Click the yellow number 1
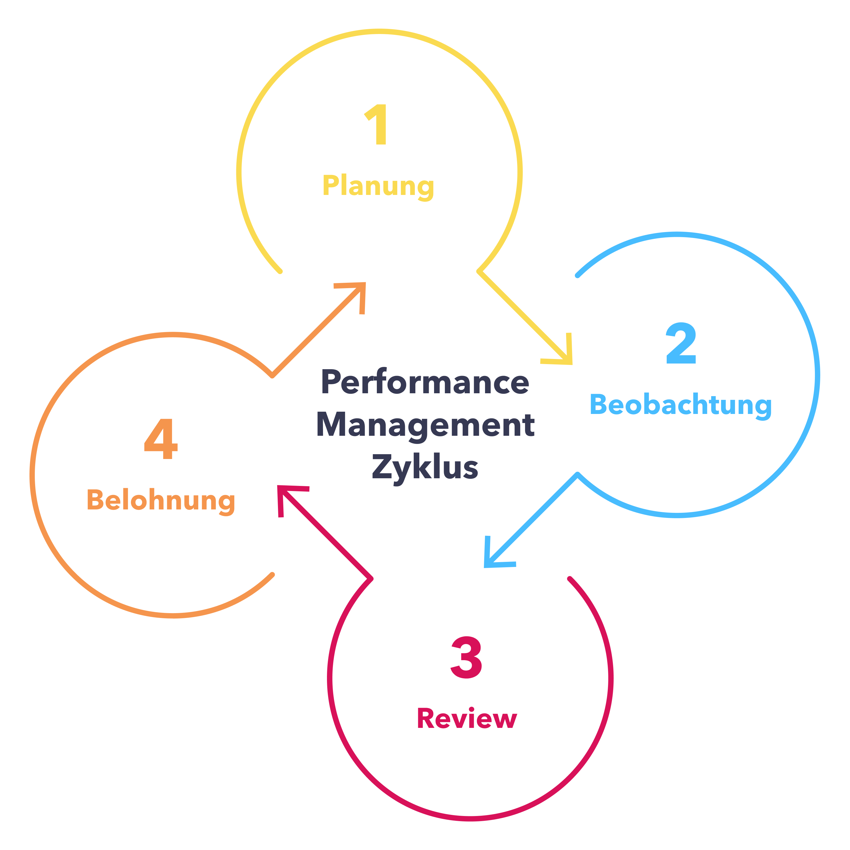pyautogui.click(x=377, y=124)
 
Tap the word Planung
pyautogui.click(x=378, y=186)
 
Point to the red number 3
pyautogui.click(x=466, y=658)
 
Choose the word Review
pyautogui.click(x=467, y=719)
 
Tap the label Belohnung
pyautogui.click(x=161, y=500)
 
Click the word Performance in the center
pyautogui.click(x=425, y=382)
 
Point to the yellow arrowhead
pyautogui.click(x=563, y=356)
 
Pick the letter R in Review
pyautogui.click(x=426, y=719)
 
